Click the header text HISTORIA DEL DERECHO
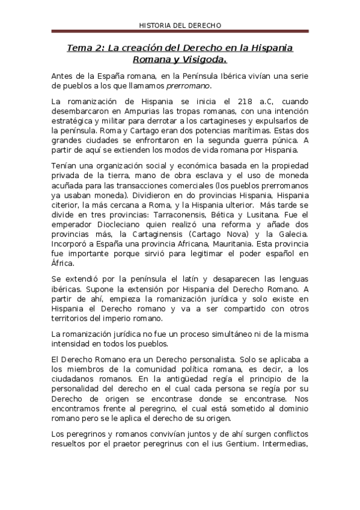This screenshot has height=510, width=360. pyautogui.click(x=180, y=26)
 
